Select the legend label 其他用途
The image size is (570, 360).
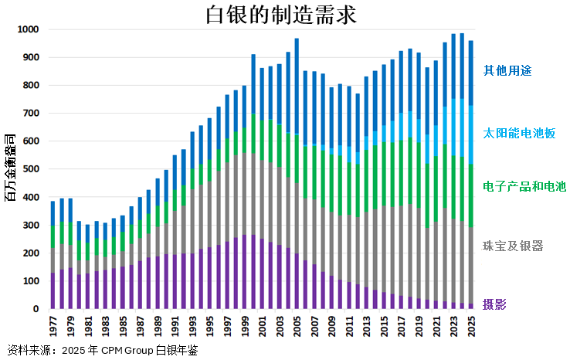point(507,70)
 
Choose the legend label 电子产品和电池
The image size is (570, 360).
point(524,186)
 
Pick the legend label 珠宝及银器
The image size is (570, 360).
point(513,246)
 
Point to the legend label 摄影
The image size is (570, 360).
point(496,303)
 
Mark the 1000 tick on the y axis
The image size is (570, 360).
point(29,29)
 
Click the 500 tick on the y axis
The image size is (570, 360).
point(31,169)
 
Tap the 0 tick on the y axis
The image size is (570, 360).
point(36,309)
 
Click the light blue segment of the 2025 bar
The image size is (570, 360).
point(470,134)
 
